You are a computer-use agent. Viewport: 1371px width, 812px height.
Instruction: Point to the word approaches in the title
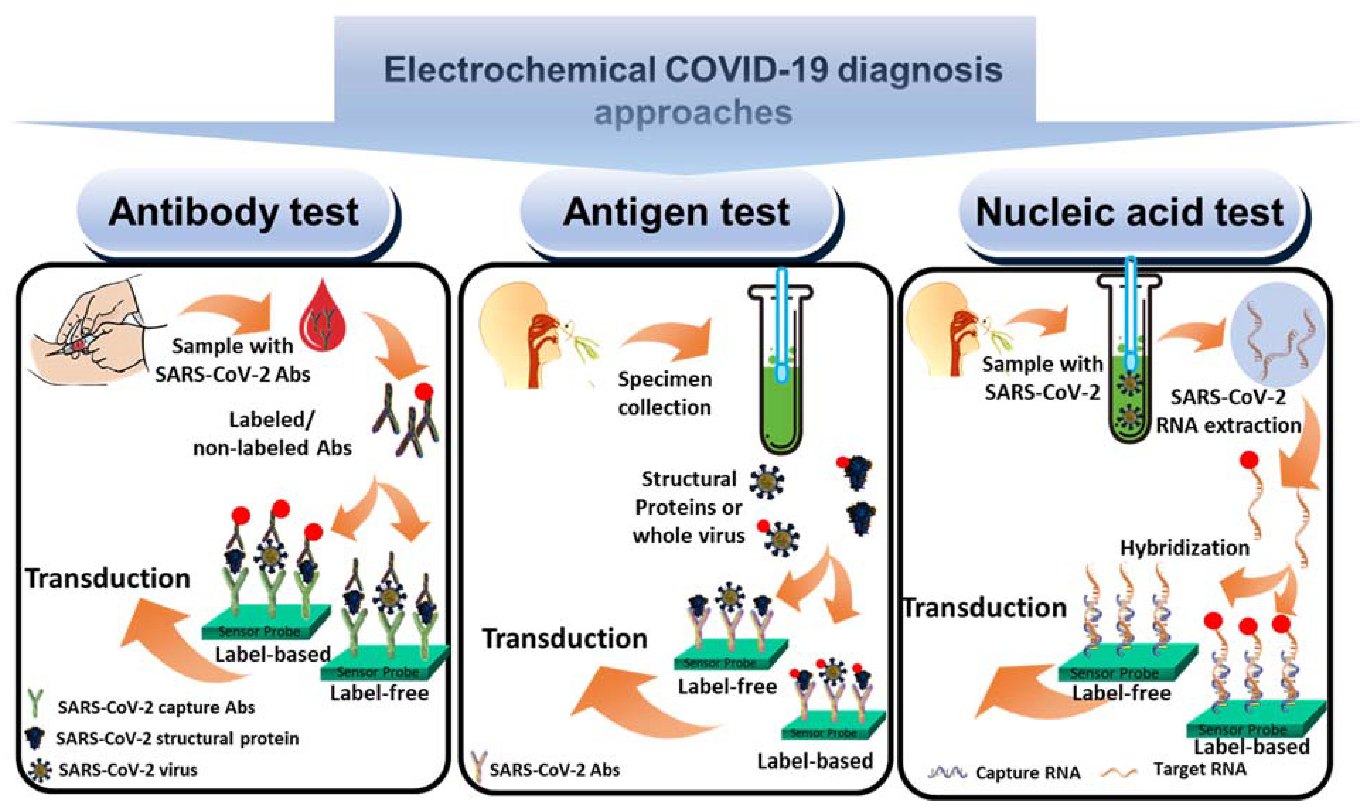[693, 113]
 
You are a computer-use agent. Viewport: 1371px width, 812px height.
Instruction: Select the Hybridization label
[1185, 548]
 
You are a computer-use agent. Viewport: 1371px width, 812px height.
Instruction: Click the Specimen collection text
[664, 393]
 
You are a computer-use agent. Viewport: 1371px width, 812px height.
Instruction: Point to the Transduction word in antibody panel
[108, 578]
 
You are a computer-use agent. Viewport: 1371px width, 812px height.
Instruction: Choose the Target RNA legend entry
[1199, 769]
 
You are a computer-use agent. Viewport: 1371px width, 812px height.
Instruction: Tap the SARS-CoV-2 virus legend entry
[127, 770]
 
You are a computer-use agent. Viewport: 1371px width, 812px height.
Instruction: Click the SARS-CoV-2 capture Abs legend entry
[156, 707]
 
